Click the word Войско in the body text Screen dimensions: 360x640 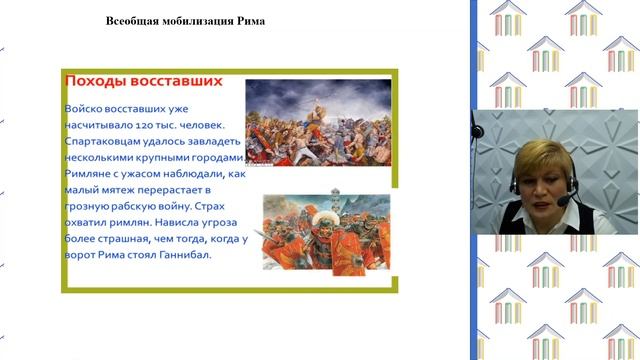[x=86, y=107]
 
